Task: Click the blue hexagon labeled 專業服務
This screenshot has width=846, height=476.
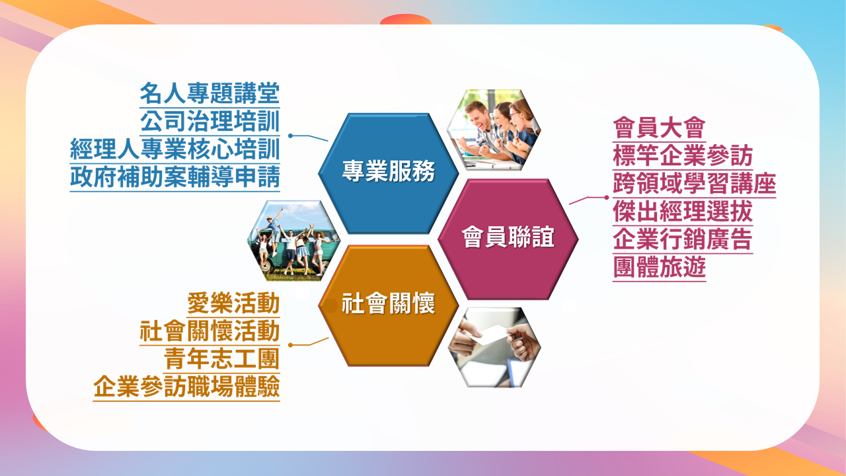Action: [389, 173]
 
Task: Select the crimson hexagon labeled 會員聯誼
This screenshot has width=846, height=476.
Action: [508, 239]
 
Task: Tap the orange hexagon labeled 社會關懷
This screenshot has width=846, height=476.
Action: [389, 305]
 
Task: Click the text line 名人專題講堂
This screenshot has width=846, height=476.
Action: [210, 93]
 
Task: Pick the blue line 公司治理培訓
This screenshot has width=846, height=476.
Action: [210, 121]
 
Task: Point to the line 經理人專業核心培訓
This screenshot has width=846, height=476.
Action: [175, 149]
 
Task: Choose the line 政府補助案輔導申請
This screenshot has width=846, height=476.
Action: [175, 177]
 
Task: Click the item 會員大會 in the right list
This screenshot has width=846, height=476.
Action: [660, 128]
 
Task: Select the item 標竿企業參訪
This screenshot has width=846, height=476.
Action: [683, 155]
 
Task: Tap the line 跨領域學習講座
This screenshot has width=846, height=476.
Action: [695, 184]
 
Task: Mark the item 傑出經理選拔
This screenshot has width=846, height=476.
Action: [683, 212]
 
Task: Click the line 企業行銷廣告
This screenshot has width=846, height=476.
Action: [683, 239]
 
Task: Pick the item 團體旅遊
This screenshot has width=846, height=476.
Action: [660, 268]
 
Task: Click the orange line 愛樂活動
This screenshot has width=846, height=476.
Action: [233, 303]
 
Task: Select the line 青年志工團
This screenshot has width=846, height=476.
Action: [221, 359]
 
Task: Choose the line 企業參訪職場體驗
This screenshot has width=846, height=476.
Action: [186, 387]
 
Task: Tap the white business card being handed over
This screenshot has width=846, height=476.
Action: [490, 335]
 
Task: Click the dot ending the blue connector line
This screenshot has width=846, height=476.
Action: [290, 136]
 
